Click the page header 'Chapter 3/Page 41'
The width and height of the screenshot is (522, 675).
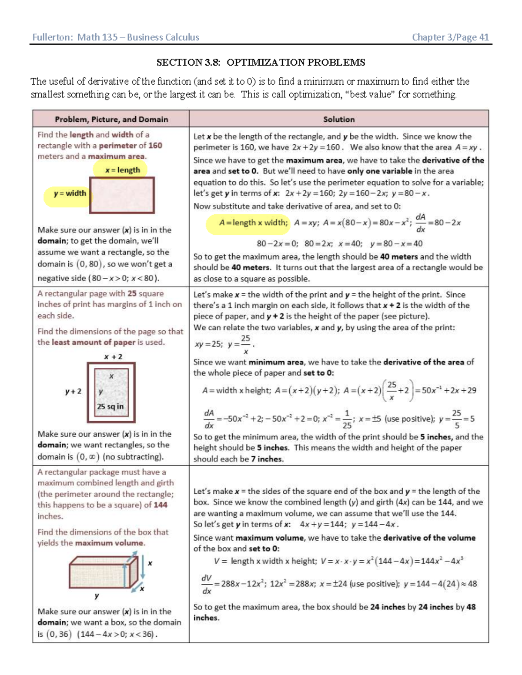point(450,37)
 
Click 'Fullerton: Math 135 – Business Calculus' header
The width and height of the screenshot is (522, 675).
point(116,37)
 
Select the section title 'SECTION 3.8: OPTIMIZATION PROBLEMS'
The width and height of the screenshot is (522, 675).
point(261,62)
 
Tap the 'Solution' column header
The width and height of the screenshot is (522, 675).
point(338,119)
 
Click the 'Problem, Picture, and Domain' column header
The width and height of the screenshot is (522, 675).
point(111,119)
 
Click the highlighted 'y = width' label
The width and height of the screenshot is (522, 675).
point(70,193)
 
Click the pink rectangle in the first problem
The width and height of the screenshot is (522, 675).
point(122,195)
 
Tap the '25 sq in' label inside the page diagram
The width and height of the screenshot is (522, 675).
point(110,406)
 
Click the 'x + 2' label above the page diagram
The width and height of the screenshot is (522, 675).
point(113,356)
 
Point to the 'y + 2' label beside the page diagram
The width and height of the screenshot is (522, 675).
point(73,391)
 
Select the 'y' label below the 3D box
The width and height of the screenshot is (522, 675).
point(97,595)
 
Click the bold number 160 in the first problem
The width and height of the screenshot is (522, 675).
point(155,146)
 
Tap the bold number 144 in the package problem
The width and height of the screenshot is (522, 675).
point(160,505)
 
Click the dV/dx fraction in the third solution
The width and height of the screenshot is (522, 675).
point(206,584)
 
